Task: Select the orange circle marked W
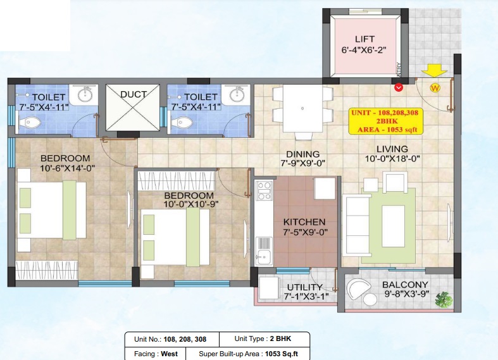point(435,88)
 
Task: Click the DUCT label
point(134,94)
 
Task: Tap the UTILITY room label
point(304,287)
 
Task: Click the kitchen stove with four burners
point(264,190)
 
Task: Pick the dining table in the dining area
point(302,108)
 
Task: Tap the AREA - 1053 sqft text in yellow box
point(389,129)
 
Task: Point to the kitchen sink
point(263,257)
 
